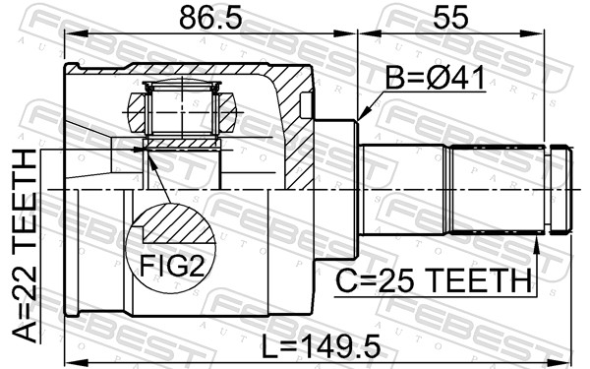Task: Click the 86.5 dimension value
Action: (210, 19)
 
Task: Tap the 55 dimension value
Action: (450, 18)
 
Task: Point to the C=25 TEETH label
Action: (434, 280)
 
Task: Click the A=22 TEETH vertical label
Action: (25, 246)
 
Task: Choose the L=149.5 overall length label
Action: (321, 347)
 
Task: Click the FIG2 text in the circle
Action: (172, 267)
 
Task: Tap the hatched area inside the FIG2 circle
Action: (177, 224)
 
